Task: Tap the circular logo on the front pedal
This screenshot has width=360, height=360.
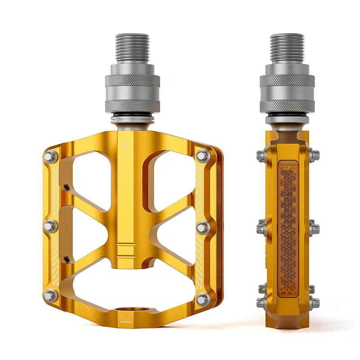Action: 125,145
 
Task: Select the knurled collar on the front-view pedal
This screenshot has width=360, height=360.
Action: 132,81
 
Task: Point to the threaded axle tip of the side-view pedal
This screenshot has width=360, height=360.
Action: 287,47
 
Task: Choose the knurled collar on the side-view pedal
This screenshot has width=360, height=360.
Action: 287,81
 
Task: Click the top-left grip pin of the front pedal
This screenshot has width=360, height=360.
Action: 51,156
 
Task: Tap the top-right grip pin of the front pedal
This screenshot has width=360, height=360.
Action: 203,156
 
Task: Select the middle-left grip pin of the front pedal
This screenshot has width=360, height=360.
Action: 51,226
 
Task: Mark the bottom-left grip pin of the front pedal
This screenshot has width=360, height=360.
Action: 51,296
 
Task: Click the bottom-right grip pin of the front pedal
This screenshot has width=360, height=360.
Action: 203,298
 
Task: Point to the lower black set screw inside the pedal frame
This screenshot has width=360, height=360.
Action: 67,259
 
